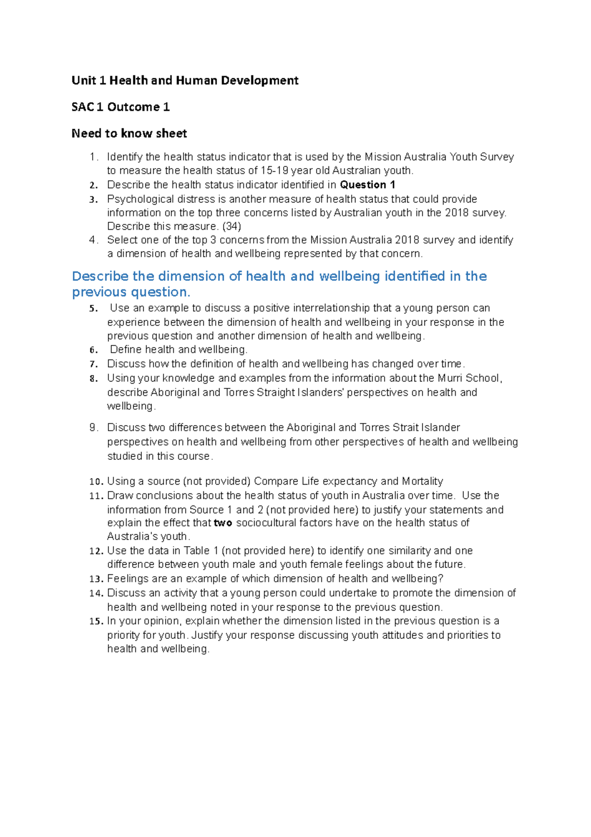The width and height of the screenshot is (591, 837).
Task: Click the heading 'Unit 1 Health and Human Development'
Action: tap(185, 80)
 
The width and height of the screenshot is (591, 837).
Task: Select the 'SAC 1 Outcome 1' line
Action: tap(121, 107)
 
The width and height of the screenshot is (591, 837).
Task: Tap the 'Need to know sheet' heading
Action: tap(129, 134)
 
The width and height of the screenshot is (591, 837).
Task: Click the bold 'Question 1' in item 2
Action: tap(367, 185)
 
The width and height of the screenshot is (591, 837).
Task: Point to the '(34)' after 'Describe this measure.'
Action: tap(232, 226)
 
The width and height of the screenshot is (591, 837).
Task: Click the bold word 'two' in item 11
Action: tap(223, 523)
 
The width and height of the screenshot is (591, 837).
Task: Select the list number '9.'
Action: tap(94, 428)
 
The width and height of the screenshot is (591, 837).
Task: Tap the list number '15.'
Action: tap(96, 622)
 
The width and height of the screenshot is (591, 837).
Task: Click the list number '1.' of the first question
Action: tap(94, 157)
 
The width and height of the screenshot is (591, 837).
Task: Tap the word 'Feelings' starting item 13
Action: tap(128, 579)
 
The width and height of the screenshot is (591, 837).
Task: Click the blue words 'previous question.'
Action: tap(131, 292)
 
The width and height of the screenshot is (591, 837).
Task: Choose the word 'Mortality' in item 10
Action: tap(423, 481)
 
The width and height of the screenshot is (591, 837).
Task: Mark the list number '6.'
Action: tap(94, 350)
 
